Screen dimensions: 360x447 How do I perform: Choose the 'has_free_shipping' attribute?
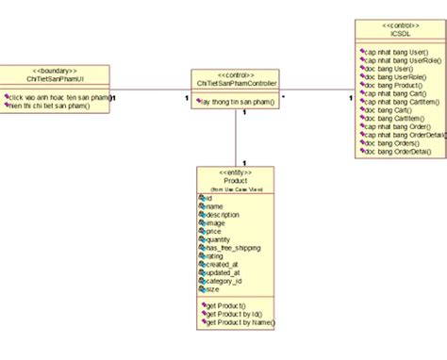pos(230,247)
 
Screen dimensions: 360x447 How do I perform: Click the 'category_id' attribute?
pos(224,280)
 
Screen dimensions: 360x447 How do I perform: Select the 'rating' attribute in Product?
pos(215,255)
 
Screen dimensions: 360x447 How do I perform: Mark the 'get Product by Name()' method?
pos(240,322)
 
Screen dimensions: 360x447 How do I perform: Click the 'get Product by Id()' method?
pos(236,314)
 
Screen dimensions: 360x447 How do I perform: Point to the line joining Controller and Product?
pos(235,137)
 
